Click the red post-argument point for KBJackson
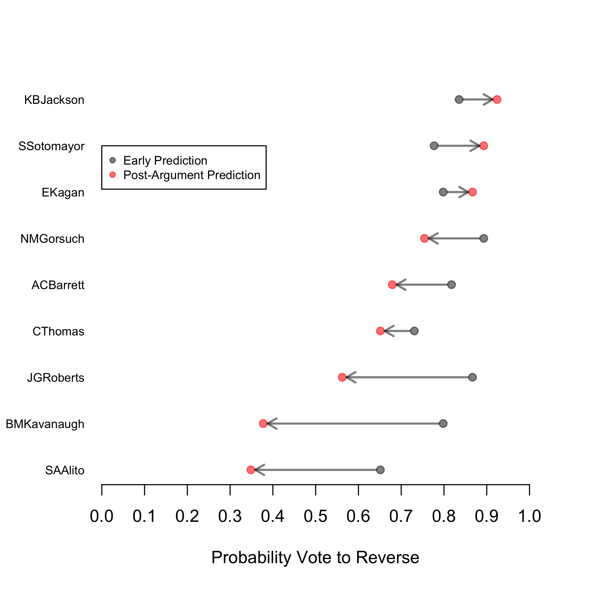(x=497, y=99)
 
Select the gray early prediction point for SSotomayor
(x=434, y=146)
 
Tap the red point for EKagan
(x=472, y=192)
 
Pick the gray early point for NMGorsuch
(x=484, y=238)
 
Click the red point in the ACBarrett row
(x=392, y=285)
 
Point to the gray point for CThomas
(x=414, y=331)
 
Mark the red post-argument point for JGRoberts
(x=342, y=378)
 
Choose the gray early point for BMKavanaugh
(x=443, y=424)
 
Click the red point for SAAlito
(x=251, y=470)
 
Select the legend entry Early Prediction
(x=165, y=161)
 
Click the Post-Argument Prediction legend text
(x=192, y=175)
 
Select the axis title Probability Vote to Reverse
(x=315, y=557)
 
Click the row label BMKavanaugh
(x=45, y=424)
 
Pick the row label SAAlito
(x=65, y=470)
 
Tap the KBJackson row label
(x=54, y=100)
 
